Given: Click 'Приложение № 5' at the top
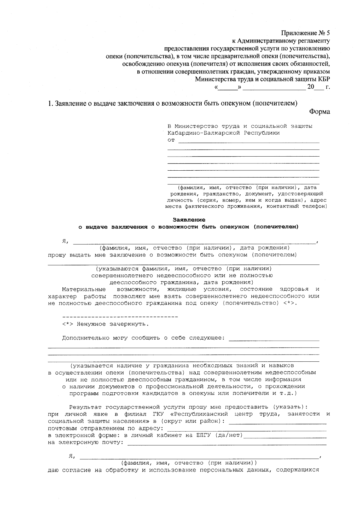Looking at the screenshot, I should tap(305, 33).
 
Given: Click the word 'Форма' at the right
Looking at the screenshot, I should tap(319, 112).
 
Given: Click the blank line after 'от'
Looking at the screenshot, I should tap(249, 141).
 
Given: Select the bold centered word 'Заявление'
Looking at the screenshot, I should tap(189, 220).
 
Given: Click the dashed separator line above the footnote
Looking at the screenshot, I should tap(120, 317).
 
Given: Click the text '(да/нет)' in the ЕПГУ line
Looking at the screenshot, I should tap(229, 436).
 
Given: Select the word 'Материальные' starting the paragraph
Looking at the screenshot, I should tap(84, 289).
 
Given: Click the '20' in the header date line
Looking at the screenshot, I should tap(310, 88).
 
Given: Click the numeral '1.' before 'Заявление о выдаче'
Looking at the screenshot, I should tap(50, 103).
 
